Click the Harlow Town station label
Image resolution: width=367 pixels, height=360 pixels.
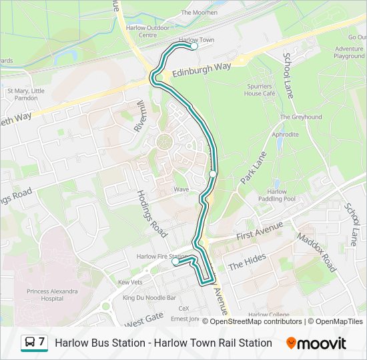coord(197,40)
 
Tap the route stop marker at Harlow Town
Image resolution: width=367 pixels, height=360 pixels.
coord(194,46)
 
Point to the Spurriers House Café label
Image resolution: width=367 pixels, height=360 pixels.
coord(258,90)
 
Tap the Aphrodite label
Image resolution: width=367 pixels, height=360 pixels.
coord(285,135)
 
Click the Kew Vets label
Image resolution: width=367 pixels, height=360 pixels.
coord(130,282)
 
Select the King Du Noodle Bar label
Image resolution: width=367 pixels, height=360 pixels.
coord(149,297)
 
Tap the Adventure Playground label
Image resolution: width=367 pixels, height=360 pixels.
coord(350,53)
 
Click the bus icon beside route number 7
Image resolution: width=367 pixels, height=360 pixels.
coord(29,343)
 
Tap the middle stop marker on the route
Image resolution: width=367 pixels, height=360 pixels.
coord(213,173)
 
